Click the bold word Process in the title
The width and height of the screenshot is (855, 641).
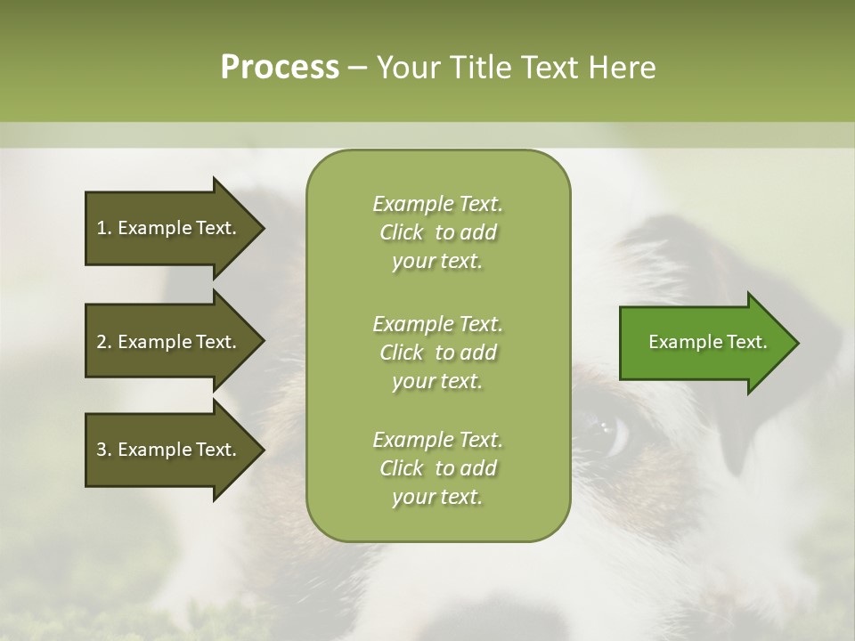[280, 68]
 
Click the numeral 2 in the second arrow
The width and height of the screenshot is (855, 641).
[101, 342]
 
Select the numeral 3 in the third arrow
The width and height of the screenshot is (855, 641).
[101, 450]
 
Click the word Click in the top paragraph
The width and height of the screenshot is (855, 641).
[402, 233]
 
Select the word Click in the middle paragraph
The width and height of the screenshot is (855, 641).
[402, 353]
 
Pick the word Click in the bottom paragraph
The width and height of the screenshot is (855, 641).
[402, 468]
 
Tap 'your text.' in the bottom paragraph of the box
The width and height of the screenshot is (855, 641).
[437, 497]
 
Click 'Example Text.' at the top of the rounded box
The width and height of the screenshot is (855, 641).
[437, 204]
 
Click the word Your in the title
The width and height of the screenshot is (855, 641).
[406, 68]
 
